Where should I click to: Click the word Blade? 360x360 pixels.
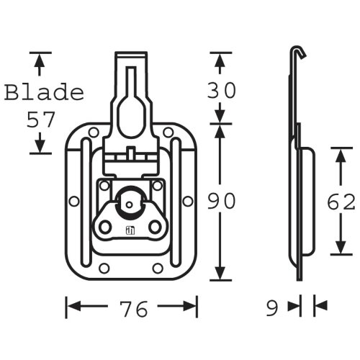45,92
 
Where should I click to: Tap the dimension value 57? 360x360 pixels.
41,120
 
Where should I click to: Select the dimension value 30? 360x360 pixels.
221,90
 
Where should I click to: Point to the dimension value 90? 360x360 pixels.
221,201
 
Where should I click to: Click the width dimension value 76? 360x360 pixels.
133,309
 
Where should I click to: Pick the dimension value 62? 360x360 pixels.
341,202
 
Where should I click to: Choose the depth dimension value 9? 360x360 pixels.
272,308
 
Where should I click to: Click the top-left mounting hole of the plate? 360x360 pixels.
94,132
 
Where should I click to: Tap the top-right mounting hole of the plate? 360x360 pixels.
168,132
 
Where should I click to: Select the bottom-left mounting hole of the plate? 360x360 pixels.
104,268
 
